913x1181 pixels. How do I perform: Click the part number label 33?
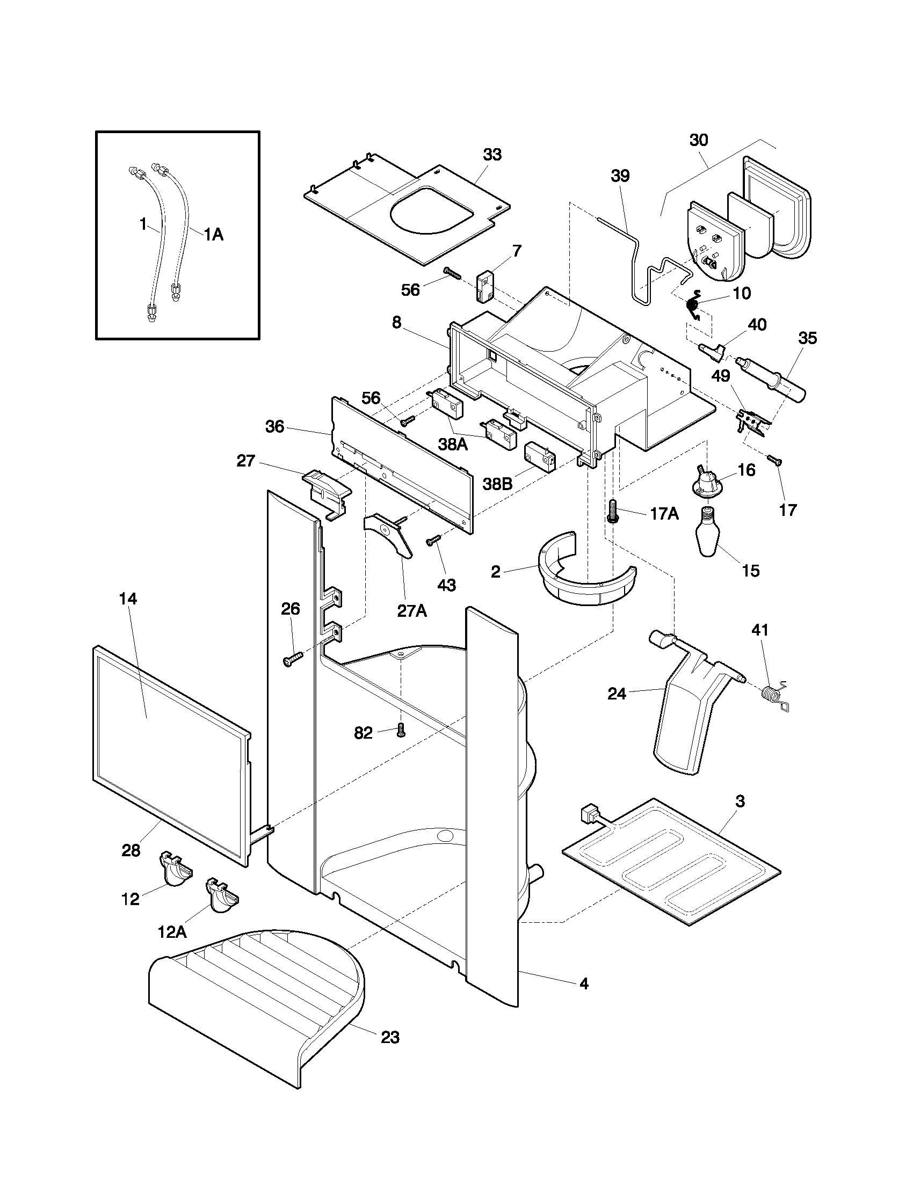[x=491, y=155]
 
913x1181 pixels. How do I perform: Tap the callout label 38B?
[x=498, y=484]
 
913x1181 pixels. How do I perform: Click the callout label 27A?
[x=412, y=610]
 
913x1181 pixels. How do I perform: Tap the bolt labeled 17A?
[x=613, y=511]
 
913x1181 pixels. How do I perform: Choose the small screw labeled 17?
[x=775, y=461]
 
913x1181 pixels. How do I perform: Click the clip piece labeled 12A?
[x=221, y=896]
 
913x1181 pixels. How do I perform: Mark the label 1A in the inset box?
[x=213, y=234]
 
